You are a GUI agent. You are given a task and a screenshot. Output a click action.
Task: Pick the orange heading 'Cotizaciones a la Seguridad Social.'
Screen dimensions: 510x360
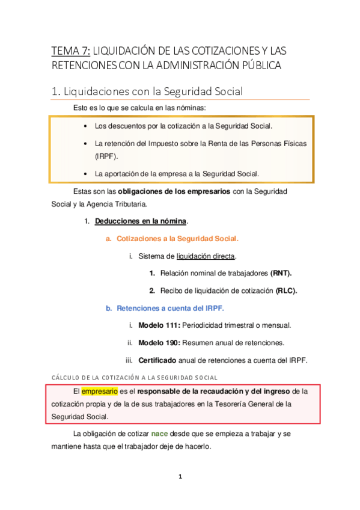(177, 238)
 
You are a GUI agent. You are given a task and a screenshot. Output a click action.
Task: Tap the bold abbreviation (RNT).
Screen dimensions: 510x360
(281, 273)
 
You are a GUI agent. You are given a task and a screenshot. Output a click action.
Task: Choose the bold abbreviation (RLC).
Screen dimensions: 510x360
(286, 290)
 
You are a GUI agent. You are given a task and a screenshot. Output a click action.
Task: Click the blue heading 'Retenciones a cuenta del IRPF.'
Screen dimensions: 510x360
(170, 308)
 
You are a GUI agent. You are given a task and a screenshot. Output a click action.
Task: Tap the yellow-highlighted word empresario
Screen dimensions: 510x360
(100, 391)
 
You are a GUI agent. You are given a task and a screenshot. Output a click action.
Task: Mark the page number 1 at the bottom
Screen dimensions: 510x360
(180, 477)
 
